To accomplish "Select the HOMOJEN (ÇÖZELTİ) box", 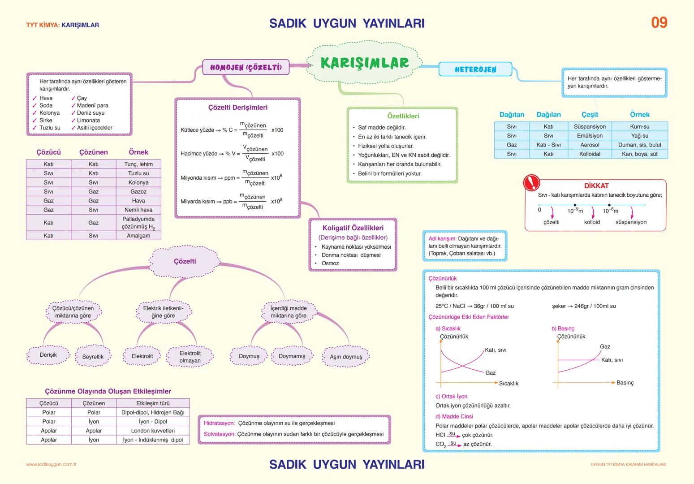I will [246, 67].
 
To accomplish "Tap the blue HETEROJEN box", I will [475, 69].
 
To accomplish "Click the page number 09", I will [659, 22].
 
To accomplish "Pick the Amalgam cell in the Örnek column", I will [138, 236].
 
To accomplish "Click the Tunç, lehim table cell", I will [138, 164].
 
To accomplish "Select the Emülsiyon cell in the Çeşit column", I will [590, 136].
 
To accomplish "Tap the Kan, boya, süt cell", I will [639, 154].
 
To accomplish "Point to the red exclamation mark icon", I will [532, 182].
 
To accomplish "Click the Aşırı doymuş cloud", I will [346, 357].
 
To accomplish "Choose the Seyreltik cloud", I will [93, 357].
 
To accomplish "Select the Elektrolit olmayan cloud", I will [190, 357].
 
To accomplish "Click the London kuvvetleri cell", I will [153, 431].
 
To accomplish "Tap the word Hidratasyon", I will [219, 423].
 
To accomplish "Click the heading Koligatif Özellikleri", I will [353, 228].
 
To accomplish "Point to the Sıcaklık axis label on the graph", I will [509, 384].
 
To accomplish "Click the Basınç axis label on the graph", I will [625, 383].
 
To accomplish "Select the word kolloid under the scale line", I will [592, 222].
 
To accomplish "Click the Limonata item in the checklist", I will [88, 120].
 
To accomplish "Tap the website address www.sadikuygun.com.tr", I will [51, 464].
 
